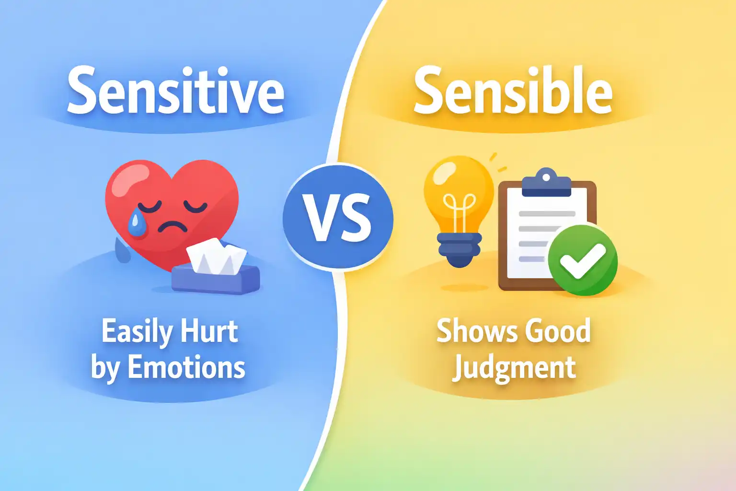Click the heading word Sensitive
pyautogui.click(x=175, y=91)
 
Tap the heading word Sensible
pyautogui.click(x=513, y=91)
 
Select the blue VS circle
pyautogui.click(x=338, y=219)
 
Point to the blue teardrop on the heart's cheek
pyautogui.click(x=138, y=222)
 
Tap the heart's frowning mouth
pyautogui.click(x=172, y=225)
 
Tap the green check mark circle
pyautogui.click(x=583, y=260)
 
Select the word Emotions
pyautogui.click(x=186, y=368)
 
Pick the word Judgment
pyautogui.click(x=514, y=368)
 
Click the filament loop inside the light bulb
pyautogui.click(x=460, y=204)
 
